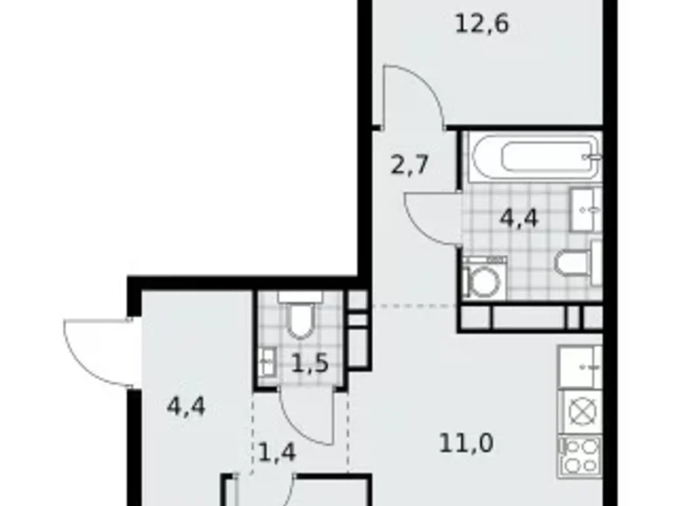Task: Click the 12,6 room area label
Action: tap(481, 24)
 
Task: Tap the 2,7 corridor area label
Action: tap(409, 165)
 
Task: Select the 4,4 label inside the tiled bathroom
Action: tap(519, 217)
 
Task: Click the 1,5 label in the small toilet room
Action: tap(309, 362)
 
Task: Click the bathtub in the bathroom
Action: tap(532, 157)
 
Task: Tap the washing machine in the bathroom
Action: tap(480, 278)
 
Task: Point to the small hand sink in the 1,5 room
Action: tap(267, 359)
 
